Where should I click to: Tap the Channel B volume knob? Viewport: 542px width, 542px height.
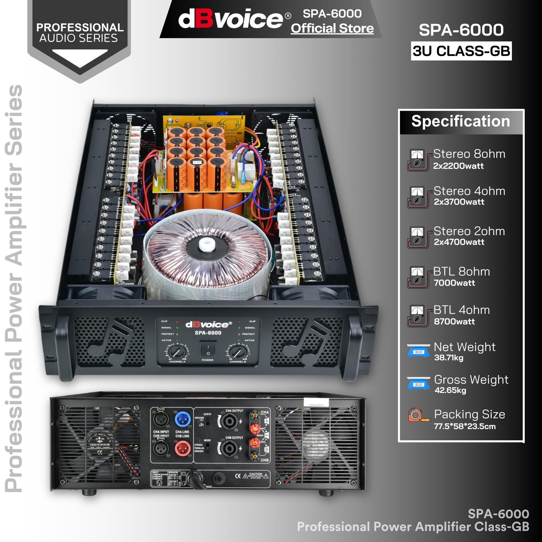point(238,352)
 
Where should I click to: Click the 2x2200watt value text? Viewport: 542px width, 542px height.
point(458,166)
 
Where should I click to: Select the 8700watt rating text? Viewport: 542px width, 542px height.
point(454,321)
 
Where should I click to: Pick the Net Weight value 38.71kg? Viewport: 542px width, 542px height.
point(449,358)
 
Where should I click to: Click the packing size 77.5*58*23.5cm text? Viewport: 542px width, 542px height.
point(464,426)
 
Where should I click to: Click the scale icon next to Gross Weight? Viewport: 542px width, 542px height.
point(418,383)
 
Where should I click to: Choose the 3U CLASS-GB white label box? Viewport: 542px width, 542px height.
point(461,51)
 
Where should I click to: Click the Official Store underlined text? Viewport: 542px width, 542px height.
point(332,28)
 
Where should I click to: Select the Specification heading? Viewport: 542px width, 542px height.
point(460,121)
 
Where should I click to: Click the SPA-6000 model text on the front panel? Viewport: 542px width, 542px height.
point(208,333)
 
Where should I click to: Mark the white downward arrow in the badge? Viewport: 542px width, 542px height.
point(80,58)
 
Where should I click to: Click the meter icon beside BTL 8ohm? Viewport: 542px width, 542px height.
point(417,277)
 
